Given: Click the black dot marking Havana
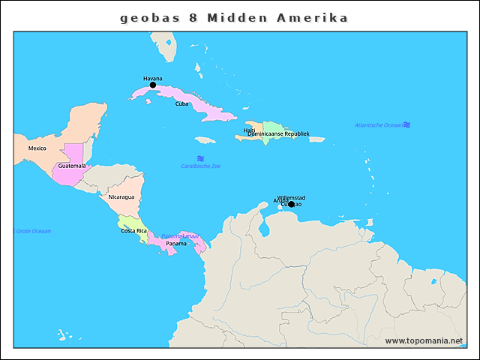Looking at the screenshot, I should tap(153, 85).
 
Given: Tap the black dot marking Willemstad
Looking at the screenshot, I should tap(292, 204).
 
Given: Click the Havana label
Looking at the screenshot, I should tap(152, 78).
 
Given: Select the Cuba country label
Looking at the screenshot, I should tap(181, 103).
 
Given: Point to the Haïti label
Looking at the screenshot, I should tap(249, 130).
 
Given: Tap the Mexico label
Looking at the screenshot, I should tap(37, 148).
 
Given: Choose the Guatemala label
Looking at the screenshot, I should tap(72, 165).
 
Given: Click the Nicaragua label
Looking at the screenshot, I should tap(121, 196).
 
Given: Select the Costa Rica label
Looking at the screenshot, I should tap(133, 230).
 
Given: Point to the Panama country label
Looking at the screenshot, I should tap(176, 243).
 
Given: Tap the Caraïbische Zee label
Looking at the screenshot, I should tap(200, 166).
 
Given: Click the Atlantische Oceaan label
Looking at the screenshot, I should tap(379, 124).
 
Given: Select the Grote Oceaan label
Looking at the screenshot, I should tap(33, 230).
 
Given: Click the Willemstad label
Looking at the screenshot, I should tap(291, 197).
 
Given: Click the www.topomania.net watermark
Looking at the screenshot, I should tap(424, 340).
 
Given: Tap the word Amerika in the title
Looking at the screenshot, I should tap(316, 17).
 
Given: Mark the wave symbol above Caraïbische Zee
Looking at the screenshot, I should tap(200, 158).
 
